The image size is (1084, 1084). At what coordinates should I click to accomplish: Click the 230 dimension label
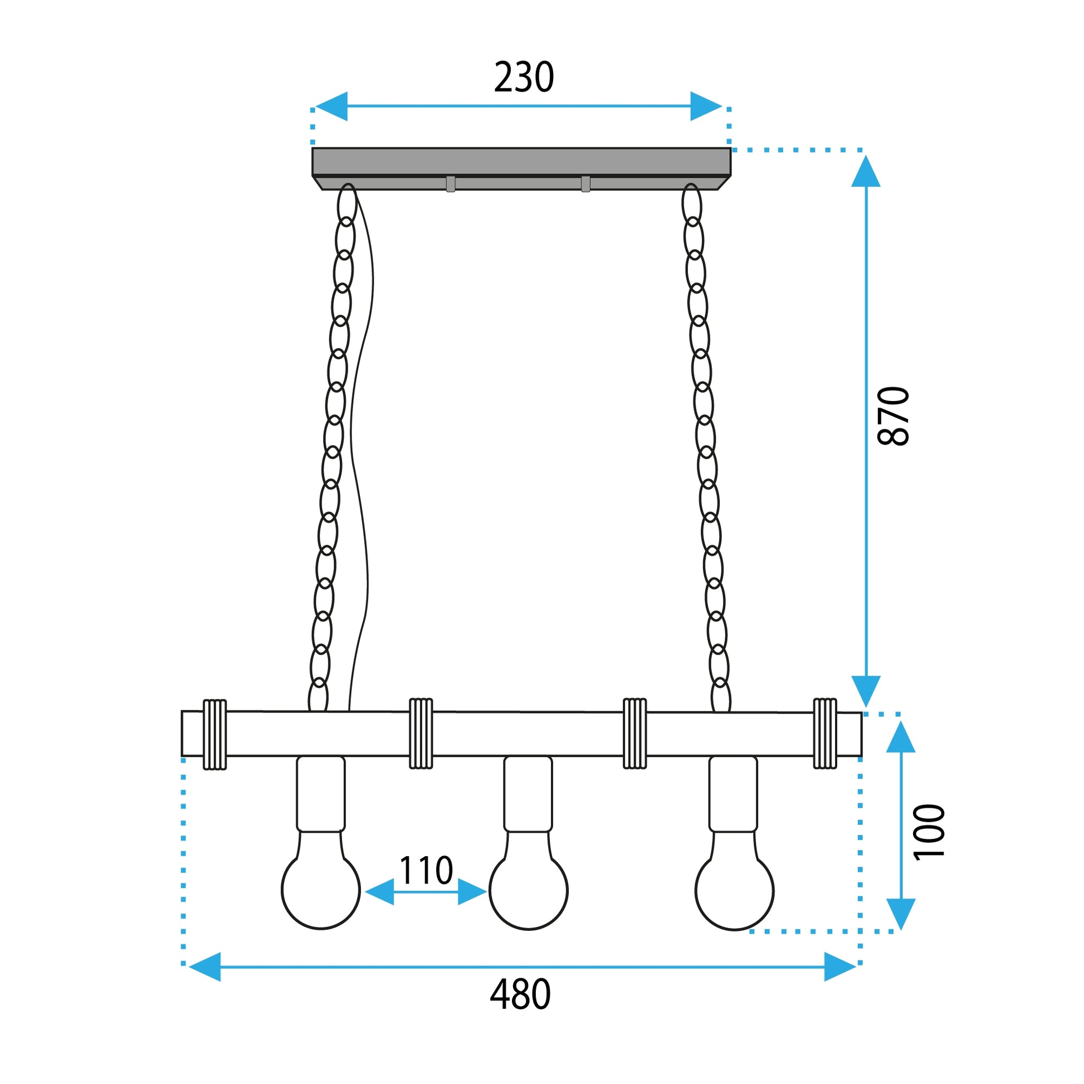(x=524, y=77)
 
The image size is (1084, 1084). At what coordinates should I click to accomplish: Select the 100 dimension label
(x=929, y=832)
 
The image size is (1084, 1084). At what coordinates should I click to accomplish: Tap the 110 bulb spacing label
(x=426, y=871)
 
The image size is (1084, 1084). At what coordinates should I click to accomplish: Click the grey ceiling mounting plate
(x=521, y=162)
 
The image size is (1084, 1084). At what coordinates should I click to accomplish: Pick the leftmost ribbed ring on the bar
(x=214, y=734)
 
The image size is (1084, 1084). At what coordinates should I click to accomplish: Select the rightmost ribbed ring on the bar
(x=825, y=733)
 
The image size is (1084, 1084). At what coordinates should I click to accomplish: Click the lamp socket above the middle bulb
(x=528, y=793)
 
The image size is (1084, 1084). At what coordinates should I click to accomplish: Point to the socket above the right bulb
(x=733, y=793)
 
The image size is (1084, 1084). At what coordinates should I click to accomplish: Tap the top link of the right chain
(x=691, y=203)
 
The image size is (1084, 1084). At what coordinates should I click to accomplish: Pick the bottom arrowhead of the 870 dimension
(x=866, y=690)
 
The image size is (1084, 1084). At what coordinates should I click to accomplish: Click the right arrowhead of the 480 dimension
(x=839, y=966)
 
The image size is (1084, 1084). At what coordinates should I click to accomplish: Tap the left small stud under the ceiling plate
(x=451, y=184)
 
